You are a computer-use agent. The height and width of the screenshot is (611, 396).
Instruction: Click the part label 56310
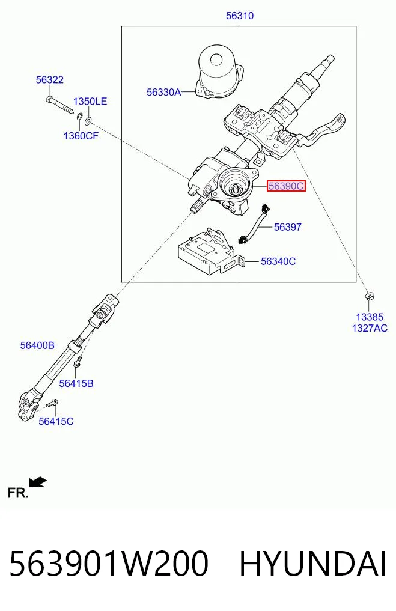[240, 16]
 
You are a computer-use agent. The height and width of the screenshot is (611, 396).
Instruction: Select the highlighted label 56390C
[286, 186]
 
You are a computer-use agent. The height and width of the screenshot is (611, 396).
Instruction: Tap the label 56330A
[163, 92]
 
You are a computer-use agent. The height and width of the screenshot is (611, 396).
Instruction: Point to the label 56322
[49, 79]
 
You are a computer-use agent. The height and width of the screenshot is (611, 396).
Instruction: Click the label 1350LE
[90, 102]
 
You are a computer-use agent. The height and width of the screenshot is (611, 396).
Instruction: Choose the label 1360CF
[81, 136]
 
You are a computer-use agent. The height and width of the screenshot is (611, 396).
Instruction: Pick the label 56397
[288, 226]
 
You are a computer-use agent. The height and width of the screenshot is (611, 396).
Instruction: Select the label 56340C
[278, 261]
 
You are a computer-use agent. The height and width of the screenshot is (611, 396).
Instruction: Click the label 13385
[370, 317]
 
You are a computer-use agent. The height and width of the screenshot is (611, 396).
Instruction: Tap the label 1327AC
[370, 328]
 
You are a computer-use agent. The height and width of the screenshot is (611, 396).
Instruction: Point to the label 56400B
[37, 345]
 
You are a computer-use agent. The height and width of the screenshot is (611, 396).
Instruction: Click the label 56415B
[76, 383]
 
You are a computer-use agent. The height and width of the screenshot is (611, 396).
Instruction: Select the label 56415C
[56, 421]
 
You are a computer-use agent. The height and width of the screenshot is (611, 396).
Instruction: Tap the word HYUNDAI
[312, 564]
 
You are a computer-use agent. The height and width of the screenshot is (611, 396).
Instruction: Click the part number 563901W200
[109, 564]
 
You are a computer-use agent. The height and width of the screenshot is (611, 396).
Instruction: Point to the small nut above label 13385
[369, 296]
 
